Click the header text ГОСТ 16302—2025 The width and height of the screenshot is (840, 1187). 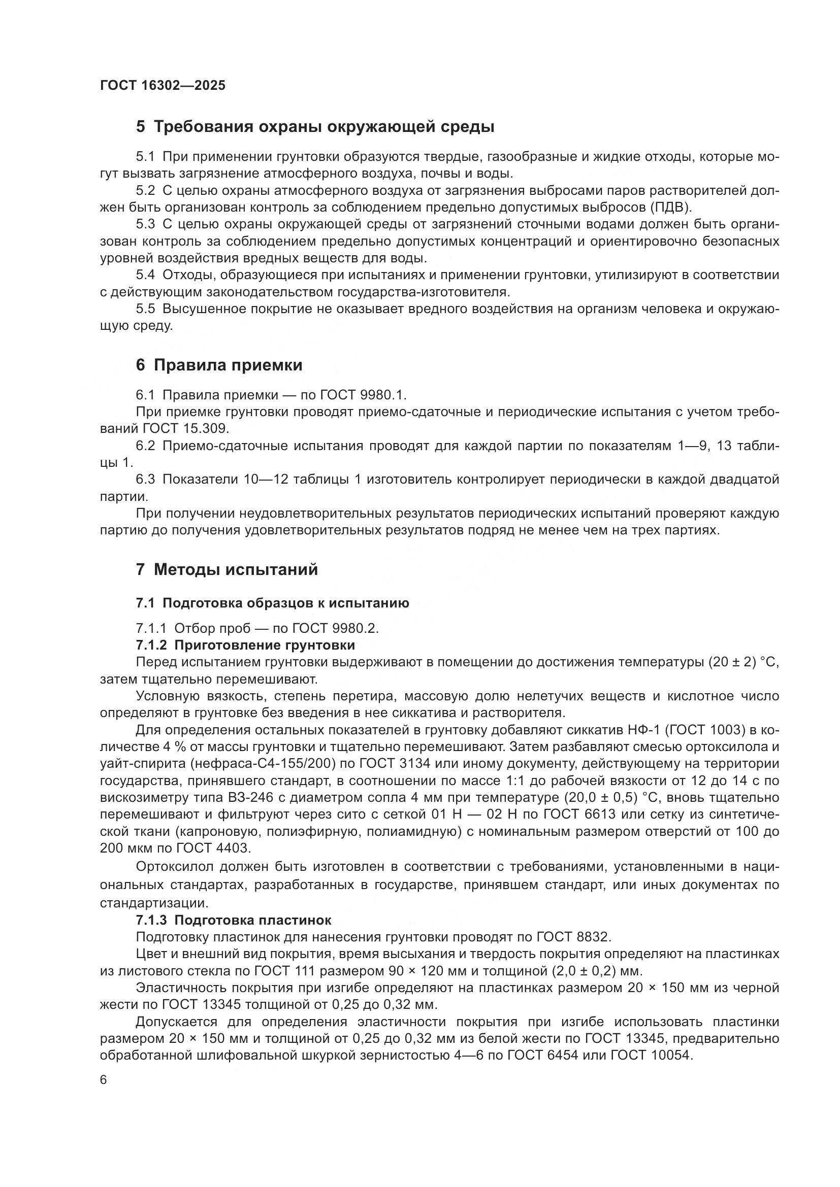coord(163,85)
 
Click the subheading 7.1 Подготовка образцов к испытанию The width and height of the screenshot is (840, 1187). coord(272,603)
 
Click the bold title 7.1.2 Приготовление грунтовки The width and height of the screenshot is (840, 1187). coord(245,645)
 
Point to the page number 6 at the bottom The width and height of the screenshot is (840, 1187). coord(104,1080)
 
